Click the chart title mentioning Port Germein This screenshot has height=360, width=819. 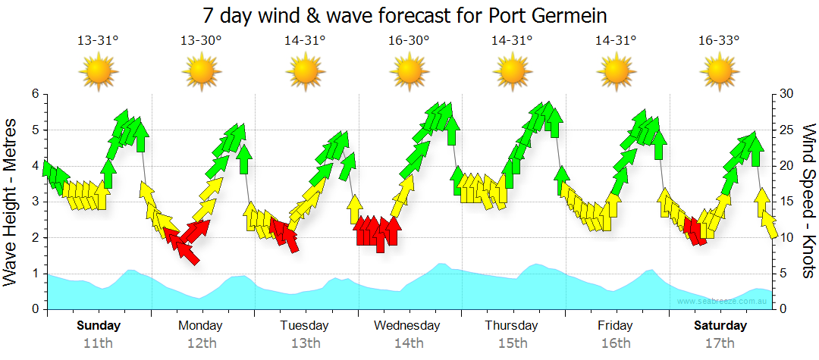coord(405,15)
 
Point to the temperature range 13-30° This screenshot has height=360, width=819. coord(201,41)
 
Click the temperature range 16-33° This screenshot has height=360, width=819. coord(719,41)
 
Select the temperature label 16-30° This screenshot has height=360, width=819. coord(409,41)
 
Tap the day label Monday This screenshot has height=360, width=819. coord(201,326)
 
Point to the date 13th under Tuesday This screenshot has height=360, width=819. coord(304,343)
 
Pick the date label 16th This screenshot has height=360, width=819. coord(616,343)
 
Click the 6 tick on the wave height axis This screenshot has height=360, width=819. coord(34,94)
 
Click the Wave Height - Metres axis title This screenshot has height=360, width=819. coord(11,201)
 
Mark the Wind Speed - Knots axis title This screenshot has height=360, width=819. coord(808,201)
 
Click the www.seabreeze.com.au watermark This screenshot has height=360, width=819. coord(724,301)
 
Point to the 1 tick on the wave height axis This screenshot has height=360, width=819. coord(34,274)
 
